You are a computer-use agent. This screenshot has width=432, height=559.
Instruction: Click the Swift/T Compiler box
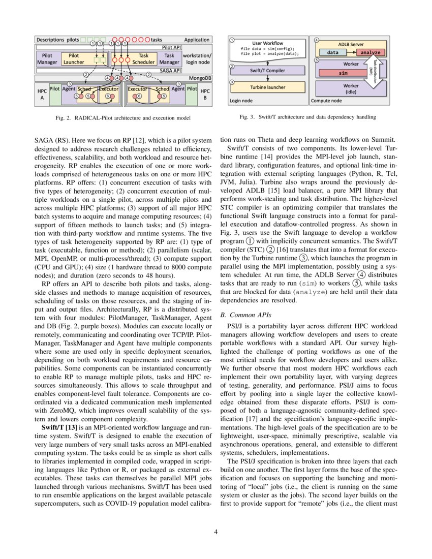[x=268, y=71]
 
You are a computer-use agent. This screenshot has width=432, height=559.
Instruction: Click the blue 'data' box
[x=333, y=52]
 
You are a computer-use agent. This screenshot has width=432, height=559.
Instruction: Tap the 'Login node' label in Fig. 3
[x=241, y=101]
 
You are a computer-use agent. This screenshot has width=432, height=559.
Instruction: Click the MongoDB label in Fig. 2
[x=200, y=78]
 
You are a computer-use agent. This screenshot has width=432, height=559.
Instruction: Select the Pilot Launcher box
[x=74, y=58]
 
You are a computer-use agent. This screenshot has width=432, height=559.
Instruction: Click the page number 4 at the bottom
[x=215, y=532]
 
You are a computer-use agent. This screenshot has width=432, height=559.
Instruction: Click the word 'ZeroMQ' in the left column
[x=61, y=413]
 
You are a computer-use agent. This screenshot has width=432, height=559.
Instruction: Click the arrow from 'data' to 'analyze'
[x=348, y=52]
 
